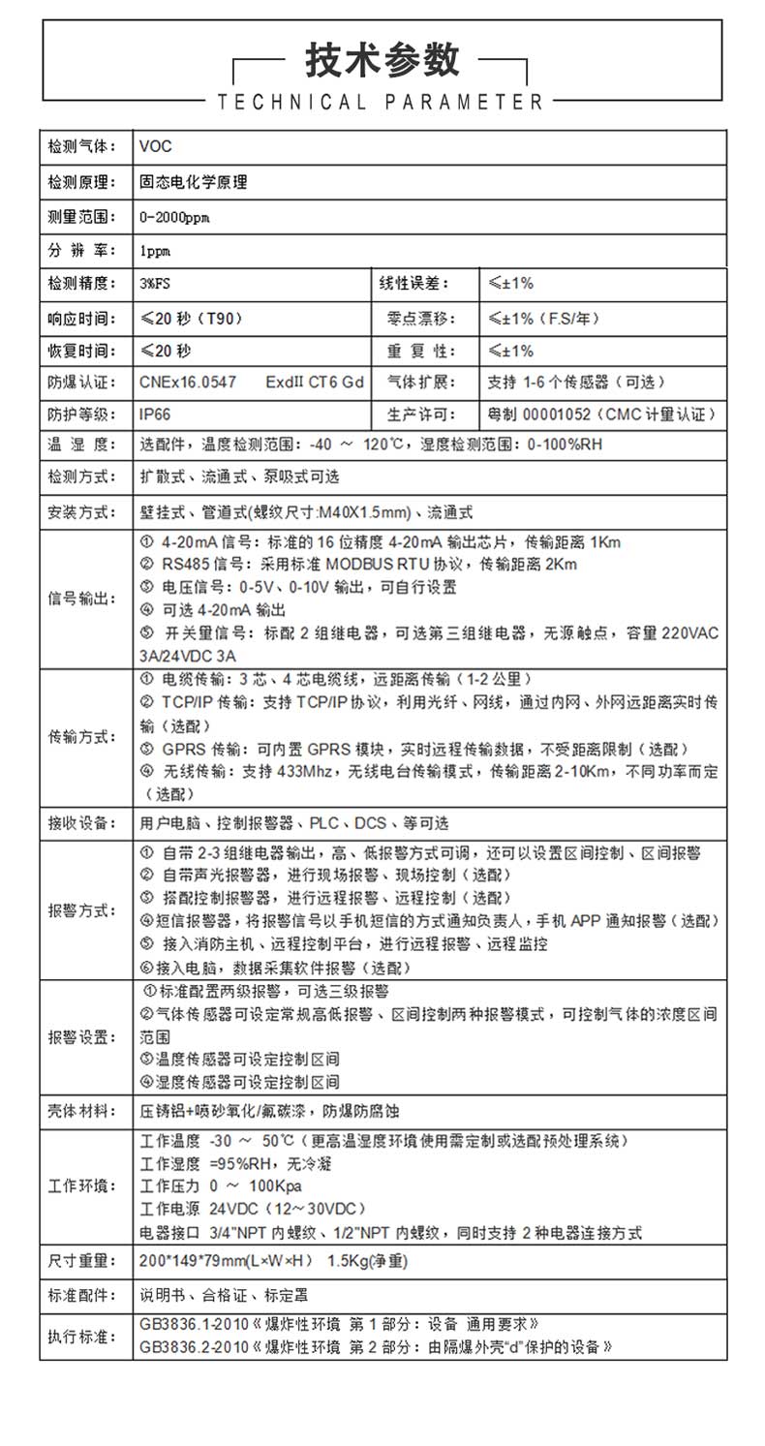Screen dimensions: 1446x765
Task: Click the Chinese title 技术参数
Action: tap(382, 61)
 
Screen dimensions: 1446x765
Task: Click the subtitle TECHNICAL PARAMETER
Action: tap(382, 102)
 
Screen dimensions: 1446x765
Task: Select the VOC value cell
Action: tap(156, 147)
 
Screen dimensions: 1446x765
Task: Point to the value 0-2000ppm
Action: tap(174, 217)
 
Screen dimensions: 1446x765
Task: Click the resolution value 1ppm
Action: tap(155, 251)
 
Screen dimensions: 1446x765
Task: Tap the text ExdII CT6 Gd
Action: tap(315, 382)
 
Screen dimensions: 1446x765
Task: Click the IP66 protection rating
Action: tap(155, 415)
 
